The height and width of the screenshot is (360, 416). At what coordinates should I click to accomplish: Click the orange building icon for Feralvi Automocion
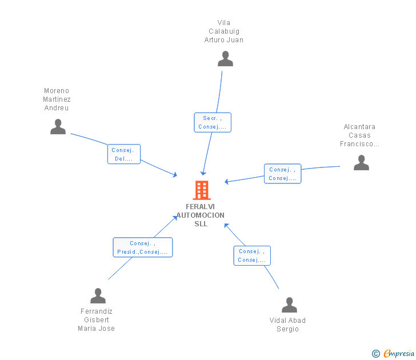201,190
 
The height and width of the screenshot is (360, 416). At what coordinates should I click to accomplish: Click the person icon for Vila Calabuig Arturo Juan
225,59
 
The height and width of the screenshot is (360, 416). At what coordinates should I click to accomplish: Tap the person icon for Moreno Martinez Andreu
58,127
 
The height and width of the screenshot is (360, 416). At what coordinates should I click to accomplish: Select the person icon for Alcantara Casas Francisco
361,163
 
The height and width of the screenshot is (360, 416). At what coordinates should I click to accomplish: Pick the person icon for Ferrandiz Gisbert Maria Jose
98,296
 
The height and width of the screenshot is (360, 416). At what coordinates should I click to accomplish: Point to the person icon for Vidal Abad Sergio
289,305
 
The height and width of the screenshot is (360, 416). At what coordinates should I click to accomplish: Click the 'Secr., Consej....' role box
213,122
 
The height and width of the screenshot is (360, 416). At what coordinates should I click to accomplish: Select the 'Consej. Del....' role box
124,154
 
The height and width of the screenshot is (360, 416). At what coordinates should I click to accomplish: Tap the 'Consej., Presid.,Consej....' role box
142,247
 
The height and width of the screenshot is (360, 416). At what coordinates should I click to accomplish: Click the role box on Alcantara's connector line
282,174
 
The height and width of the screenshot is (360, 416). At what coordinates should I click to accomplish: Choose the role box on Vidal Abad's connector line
252,255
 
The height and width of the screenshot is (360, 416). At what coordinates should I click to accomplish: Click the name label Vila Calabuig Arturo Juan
224,31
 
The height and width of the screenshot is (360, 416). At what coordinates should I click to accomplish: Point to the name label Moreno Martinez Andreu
57,99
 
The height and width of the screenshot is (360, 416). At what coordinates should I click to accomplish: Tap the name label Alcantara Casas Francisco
359,135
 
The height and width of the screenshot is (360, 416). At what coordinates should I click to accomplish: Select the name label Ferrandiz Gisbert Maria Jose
97,320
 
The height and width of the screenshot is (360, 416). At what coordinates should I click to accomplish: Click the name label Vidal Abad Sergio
287,325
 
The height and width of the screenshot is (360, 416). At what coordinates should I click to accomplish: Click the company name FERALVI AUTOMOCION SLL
201,215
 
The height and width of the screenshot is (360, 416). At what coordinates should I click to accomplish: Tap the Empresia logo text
398,354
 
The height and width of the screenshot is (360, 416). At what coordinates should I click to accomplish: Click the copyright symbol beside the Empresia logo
375,354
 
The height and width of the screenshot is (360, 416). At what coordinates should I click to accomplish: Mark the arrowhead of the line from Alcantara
227,182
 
